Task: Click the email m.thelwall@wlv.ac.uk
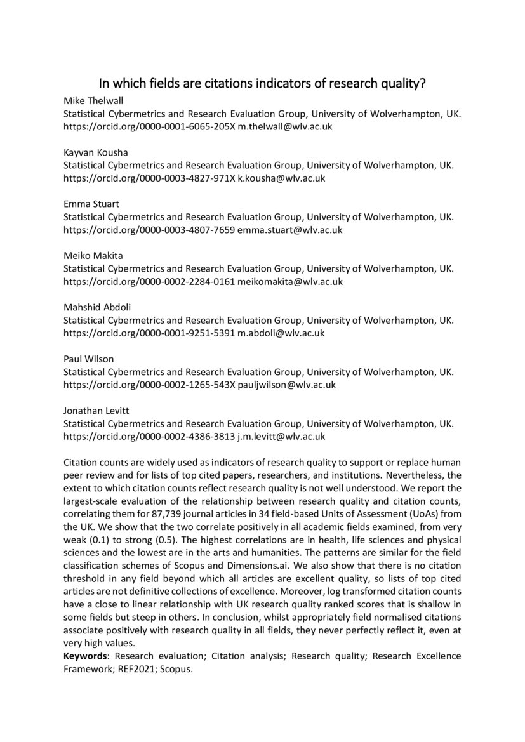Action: point(285,126)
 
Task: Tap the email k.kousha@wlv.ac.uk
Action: point(281,178)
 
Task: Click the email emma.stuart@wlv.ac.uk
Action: point(289,230)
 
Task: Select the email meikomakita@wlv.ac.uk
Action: point(290,281)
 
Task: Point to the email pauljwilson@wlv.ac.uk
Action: point(286,385)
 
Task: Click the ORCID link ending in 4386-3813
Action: point(149,436)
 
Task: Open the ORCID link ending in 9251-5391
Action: point(149,333)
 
